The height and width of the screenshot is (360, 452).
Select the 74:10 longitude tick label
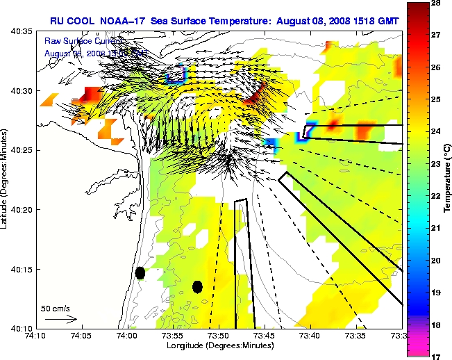35,336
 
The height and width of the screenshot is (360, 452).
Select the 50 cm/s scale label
55,307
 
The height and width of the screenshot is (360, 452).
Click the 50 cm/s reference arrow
60,319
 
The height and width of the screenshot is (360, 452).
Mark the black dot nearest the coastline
140,272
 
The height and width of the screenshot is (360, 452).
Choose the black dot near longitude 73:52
197,286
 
